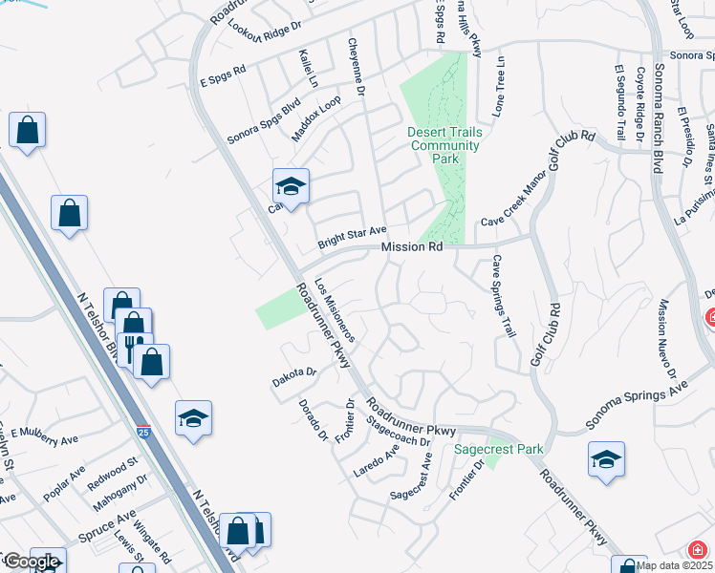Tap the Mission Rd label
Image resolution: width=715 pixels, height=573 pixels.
click(412, 247)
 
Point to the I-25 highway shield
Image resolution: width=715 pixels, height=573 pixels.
click(143, 433)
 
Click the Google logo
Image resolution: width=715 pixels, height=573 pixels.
click(32, 562)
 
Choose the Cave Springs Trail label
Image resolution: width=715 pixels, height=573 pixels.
click(503, 296)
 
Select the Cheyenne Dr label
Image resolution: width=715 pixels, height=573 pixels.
click(357, 67)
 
